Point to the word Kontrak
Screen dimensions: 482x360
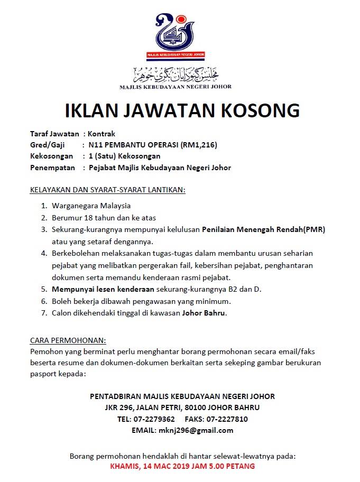click(x=101, y=134)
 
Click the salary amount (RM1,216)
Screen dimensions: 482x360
click(x=199, y=145)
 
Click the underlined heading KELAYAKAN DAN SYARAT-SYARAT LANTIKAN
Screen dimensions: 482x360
click(x=107, y=189)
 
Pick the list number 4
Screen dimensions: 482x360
click(x=44, y=254)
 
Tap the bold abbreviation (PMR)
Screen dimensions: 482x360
click(x=314, y=229)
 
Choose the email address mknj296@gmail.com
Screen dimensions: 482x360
click(x=196, y=430)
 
